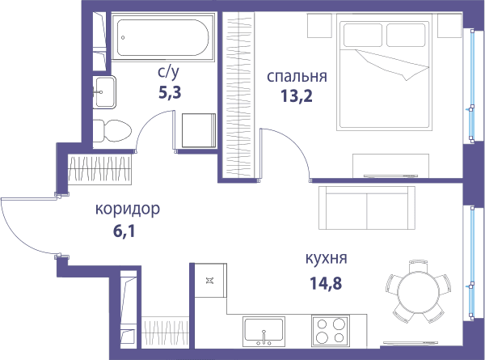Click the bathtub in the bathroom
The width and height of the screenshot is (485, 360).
(163, 37)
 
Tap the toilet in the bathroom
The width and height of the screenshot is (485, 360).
(112, 131)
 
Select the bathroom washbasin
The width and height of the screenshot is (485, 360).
(104, 92)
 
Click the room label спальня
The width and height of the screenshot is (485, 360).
(297, 77)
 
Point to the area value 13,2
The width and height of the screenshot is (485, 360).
(297, 96)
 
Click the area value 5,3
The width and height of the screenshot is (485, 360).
(170, 92)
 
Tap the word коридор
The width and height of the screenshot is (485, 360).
(128, 210)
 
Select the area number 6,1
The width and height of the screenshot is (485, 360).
(124, 231)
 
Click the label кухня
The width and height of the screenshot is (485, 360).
(326, 258)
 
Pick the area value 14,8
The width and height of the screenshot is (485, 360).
(326, 283)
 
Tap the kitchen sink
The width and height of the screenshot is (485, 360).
(264, 331)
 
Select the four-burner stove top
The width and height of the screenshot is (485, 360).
(331, 331)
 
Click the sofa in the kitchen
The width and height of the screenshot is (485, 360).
(367, 208)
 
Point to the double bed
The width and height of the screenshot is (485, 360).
(384, 75)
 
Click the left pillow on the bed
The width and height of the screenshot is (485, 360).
(363, 35)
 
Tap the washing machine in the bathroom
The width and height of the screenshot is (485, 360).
(199, 130)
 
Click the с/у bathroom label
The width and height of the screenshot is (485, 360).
(168, 73)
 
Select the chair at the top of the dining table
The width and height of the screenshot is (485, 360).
(419, 266)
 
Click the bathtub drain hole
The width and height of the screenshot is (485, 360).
(123, 37)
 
